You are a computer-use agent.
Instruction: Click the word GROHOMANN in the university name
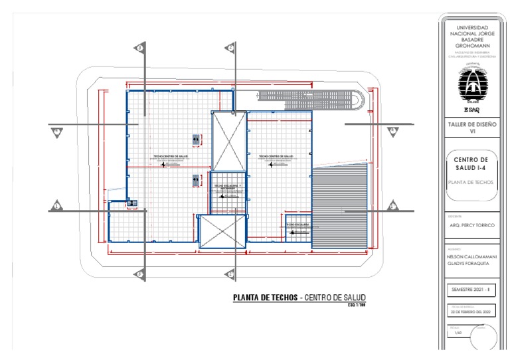[x=473, y=45]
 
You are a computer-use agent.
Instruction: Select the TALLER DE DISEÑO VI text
[x=473, y=128]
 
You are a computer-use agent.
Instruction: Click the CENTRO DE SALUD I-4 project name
[x=473, y=163]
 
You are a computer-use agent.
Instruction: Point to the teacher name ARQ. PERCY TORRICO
[x=473, y=225]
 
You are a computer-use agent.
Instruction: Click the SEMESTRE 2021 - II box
[x=473, y=290]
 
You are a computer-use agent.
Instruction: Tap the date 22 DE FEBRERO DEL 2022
[x=473, y=311]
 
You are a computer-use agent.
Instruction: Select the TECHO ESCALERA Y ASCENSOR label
[x=228, y=188]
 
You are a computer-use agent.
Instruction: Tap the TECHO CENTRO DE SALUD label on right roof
[x=278, y=157]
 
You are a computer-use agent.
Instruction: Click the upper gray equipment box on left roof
[x=196, y=139]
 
